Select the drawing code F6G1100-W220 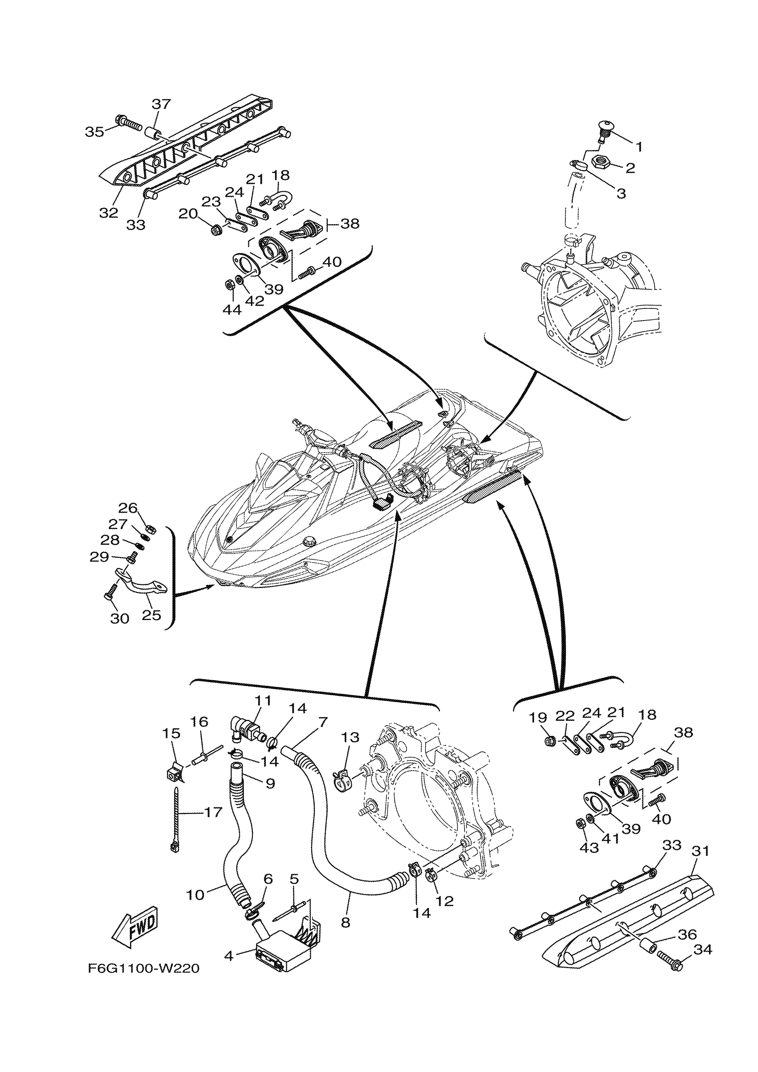pos(144,969)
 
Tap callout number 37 pos(161,105)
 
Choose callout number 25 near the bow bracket pos(151,615)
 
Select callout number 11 pos(263,714)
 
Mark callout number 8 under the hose pos(346,923)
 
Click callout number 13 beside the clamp pos(350,737)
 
